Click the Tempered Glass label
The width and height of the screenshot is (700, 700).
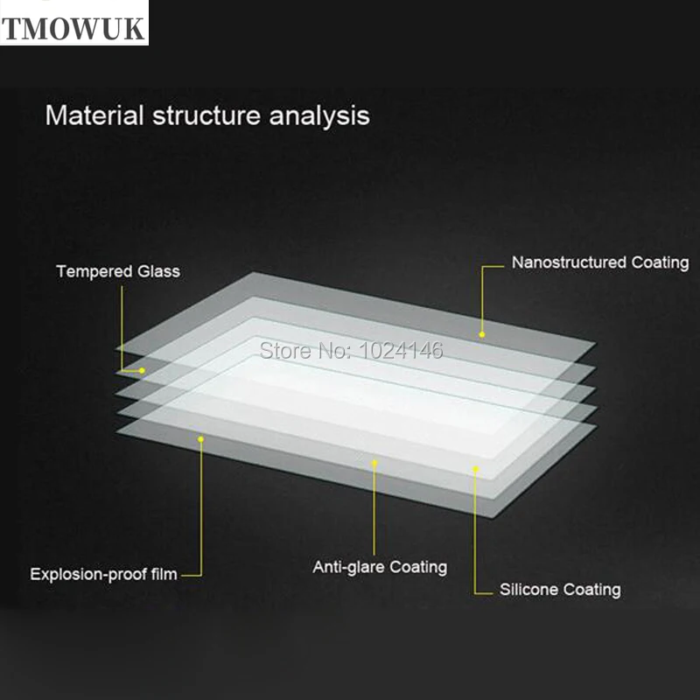pos(118,271)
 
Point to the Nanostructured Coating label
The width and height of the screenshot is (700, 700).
pos(600,262)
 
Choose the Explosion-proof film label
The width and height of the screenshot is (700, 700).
pos(103,575)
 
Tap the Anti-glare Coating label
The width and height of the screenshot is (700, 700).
pos(380,567)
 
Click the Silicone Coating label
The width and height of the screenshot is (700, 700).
pos(560,589)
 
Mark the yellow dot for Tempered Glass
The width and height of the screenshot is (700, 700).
pos(141,370)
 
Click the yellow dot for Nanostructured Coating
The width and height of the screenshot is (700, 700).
pos(481,333)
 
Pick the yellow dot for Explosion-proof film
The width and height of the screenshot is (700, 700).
pos(200,438)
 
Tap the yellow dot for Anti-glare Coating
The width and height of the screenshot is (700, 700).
pos(374,463)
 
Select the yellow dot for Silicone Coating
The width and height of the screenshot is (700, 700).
pos(476,469)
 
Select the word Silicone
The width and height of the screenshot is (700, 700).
pos(528,589)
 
